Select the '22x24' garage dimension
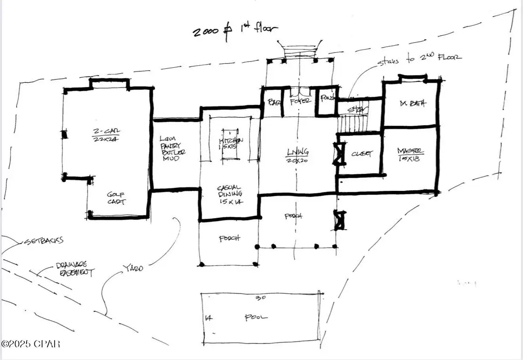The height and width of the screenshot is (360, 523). [106, 139]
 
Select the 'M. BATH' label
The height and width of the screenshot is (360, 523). [412, 103]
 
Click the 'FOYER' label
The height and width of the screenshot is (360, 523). [301, 101]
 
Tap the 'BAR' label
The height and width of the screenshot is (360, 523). [273, 102]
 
